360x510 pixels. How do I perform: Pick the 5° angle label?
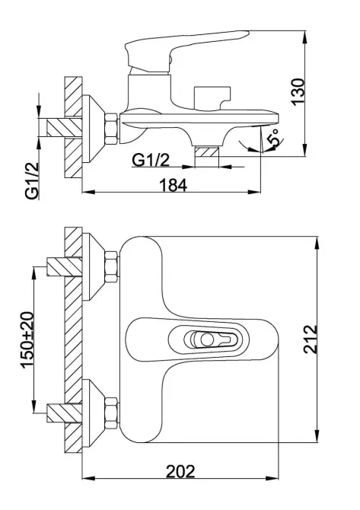click(x=273, y=139)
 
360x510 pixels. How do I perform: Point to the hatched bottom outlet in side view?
click(x=208, y=156)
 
